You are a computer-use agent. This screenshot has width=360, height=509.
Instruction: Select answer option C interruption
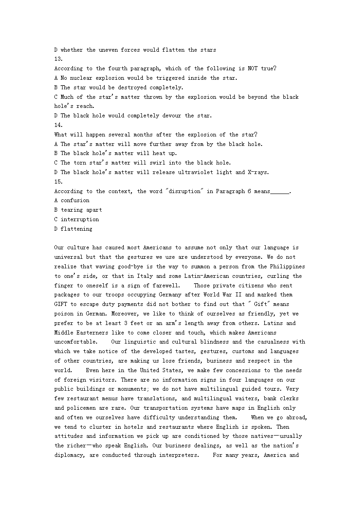76,219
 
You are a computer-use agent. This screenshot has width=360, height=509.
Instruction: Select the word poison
64,314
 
